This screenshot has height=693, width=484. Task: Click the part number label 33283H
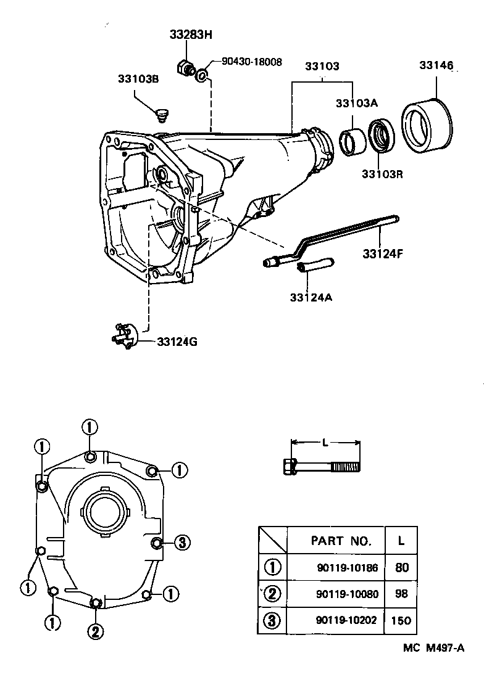(191, 35)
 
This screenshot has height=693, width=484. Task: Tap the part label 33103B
(139, 79)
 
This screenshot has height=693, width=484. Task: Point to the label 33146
(436, 65)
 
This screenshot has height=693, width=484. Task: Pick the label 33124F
(383, 253)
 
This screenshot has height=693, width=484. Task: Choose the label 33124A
(311, 297)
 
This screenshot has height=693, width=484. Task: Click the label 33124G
(177, 342)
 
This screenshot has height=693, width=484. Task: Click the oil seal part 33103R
(381, 136)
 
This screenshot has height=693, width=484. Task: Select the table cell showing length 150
(401, 621)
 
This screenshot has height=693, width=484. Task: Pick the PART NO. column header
(341, 541)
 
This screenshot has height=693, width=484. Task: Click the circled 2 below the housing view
(94, 630)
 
